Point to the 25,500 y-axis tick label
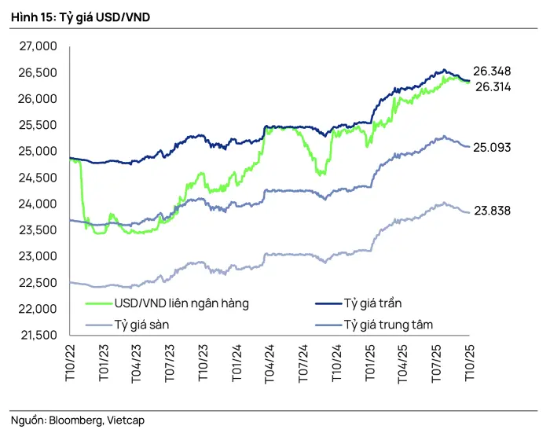click(37, 125)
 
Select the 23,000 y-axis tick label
click(37, 256)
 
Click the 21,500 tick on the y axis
click(37, 335)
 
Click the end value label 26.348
click(493, 72)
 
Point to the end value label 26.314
click(493, 87)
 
